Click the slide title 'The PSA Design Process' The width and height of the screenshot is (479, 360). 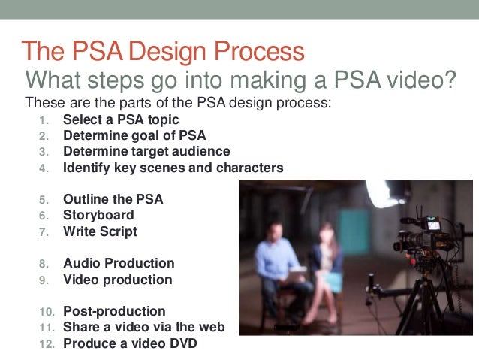click(164, 51)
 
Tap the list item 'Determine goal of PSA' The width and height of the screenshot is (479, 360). click(134, 135)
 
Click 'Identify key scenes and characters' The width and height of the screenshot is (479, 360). click(173, 168)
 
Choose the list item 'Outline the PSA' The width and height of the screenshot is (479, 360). click(113, 199)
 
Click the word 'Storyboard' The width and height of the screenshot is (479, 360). click(98, 216)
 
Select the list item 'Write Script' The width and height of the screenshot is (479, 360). click(100, 231)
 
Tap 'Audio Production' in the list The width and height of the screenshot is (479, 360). click(119, 263)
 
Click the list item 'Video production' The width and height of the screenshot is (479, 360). click(117, 280)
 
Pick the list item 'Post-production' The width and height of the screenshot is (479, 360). click(114, 311)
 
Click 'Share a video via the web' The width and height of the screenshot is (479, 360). click(143, 327)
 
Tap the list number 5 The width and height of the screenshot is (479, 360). click(44, 200)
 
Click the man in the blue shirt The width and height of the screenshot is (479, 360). click(279, 263)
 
